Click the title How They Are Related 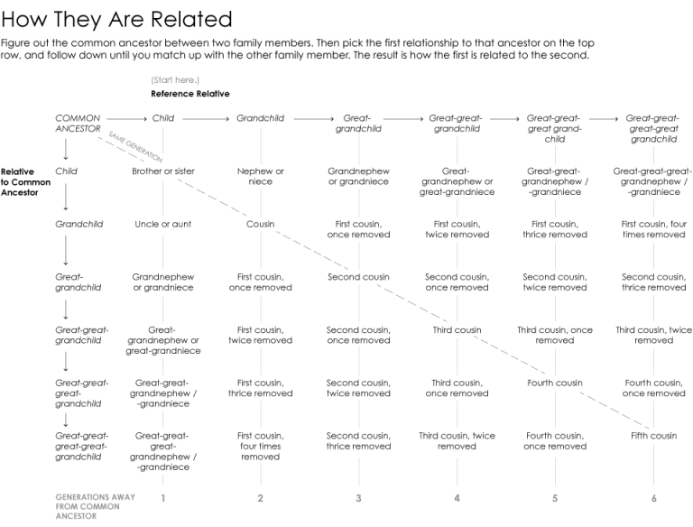pos(116,19)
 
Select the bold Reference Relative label pos(190,94)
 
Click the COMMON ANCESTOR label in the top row pos(78,123)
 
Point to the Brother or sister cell pos(163,171)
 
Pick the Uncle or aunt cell pos(163,225)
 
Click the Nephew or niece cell pos(261,176)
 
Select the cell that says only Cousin pos(261,225)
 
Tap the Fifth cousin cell pos(653,436)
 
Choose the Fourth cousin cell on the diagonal pos(555,383)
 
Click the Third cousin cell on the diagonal pos(457,330)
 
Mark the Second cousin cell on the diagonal pos(359,277)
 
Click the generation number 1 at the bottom pos(163,498)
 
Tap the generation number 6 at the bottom pos(653,498)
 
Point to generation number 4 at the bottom pos(457,498)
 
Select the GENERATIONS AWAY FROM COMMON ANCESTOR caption pos(84,507)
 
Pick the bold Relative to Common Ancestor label pos(25,181)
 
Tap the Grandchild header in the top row pos(260,118)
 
